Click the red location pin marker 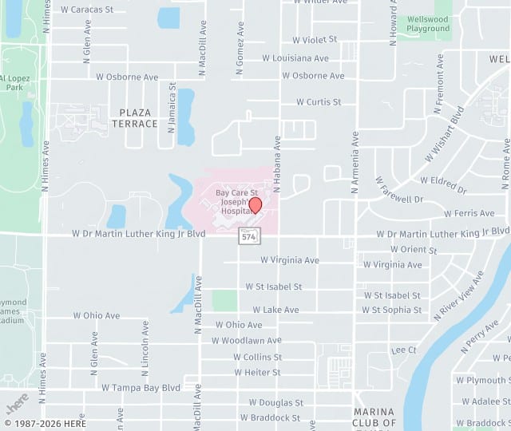(255, 205)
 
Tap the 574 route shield (248, 236)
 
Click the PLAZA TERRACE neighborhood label (134, 118)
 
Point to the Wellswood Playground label (428, 23)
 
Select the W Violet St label (315, 39)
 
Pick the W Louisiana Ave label (295, 58)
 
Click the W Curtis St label (319, 102)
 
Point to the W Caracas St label (87, 10)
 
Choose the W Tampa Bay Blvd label (141, 387)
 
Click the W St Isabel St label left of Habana (273, 287)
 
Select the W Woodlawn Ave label (247, 341)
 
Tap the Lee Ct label (404, 350)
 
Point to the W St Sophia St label (391, 310)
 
